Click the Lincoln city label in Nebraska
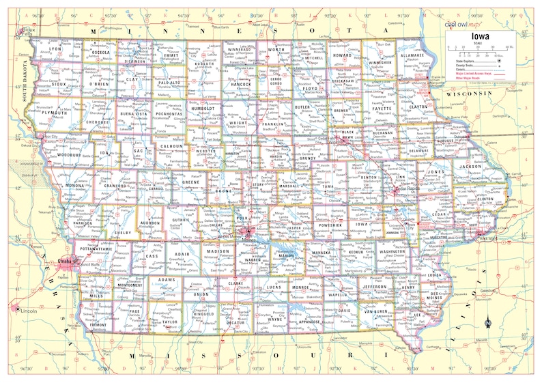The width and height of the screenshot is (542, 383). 27,311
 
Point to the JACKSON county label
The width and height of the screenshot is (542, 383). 470,166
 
